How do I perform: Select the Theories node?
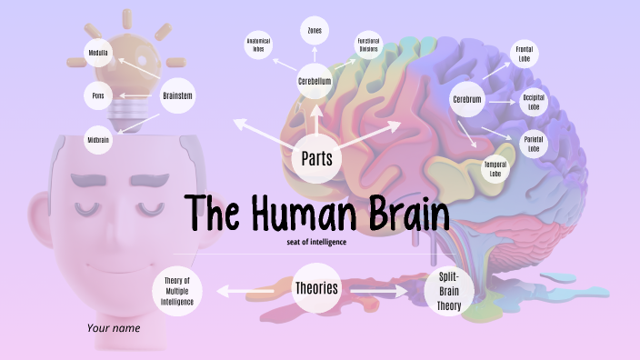316,289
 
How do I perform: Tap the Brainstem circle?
178,95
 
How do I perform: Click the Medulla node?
98,53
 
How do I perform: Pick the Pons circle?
98,95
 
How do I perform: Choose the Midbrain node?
98,141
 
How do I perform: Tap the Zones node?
315,31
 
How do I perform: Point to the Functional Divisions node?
368,46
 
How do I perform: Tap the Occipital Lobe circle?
534,102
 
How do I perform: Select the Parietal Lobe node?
534,144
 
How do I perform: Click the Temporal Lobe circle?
495,168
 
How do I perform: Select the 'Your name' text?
114,327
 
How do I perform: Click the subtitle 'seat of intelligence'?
316,242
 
